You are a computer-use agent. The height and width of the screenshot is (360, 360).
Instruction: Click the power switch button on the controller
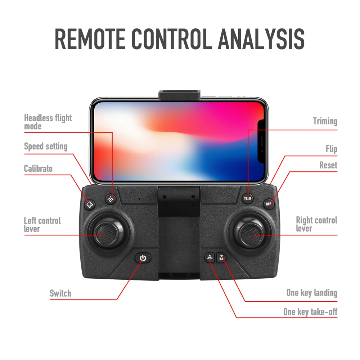pyautogui.click(x=143, y=258)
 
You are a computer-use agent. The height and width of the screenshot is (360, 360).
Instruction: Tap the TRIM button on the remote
pyautogui.click(x=248, y=198)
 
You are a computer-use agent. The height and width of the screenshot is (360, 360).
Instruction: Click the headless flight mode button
pyautogui.click(x=111, y=199)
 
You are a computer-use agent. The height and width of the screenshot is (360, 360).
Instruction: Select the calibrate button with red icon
pyautogui.click(x=90, y=204)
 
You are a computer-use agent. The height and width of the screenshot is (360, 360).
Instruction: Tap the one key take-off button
pyautogui.click(x=210, y=257)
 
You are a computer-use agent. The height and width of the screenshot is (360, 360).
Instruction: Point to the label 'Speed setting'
pyautogui.click(x=46, y=147)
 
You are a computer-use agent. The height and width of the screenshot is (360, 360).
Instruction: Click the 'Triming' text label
pyautogui.click(x=325, y=121)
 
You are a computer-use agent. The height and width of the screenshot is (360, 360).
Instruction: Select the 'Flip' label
pyautogui.click(x=331, y=149)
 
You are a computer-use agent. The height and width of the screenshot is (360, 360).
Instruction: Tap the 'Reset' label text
pyautogui.click(x=328, y=165)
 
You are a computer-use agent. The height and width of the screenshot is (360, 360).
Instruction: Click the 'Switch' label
pyautogui.click(x=60, y=293)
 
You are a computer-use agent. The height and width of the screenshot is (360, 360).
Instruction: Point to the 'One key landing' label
pyautogui.click(x=312, y=293)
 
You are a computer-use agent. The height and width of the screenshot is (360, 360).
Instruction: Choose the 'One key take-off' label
pyautogui.click(x=310, y=312)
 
